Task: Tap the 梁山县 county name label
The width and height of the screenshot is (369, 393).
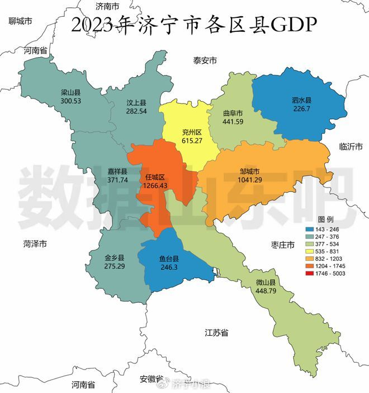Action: [x=71, y=92]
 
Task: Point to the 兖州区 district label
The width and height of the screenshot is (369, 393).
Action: [x=191, y=133]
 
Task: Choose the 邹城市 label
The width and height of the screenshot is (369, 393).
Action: [x=249, y=172]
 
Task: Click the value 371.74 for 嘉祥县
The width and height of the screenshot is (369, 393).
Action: [x=117, y=180]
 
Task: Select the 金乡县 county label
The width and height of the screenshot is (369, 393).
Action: [x=115, y=258]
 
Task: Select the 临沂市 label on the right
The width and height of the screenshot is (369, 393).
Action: [x=351, y=147]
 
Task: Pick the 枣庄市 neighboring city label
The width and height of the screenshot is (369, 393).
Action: [x=278, y=245]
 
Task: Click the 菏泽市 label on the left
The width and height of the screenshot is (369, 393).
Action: [x=35, y=244]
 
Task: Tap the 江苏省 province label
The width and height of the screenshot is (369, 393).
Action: [x=216, y=332]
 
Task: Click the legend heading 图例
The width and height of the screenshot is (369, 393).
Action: [x=326, y=218]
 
